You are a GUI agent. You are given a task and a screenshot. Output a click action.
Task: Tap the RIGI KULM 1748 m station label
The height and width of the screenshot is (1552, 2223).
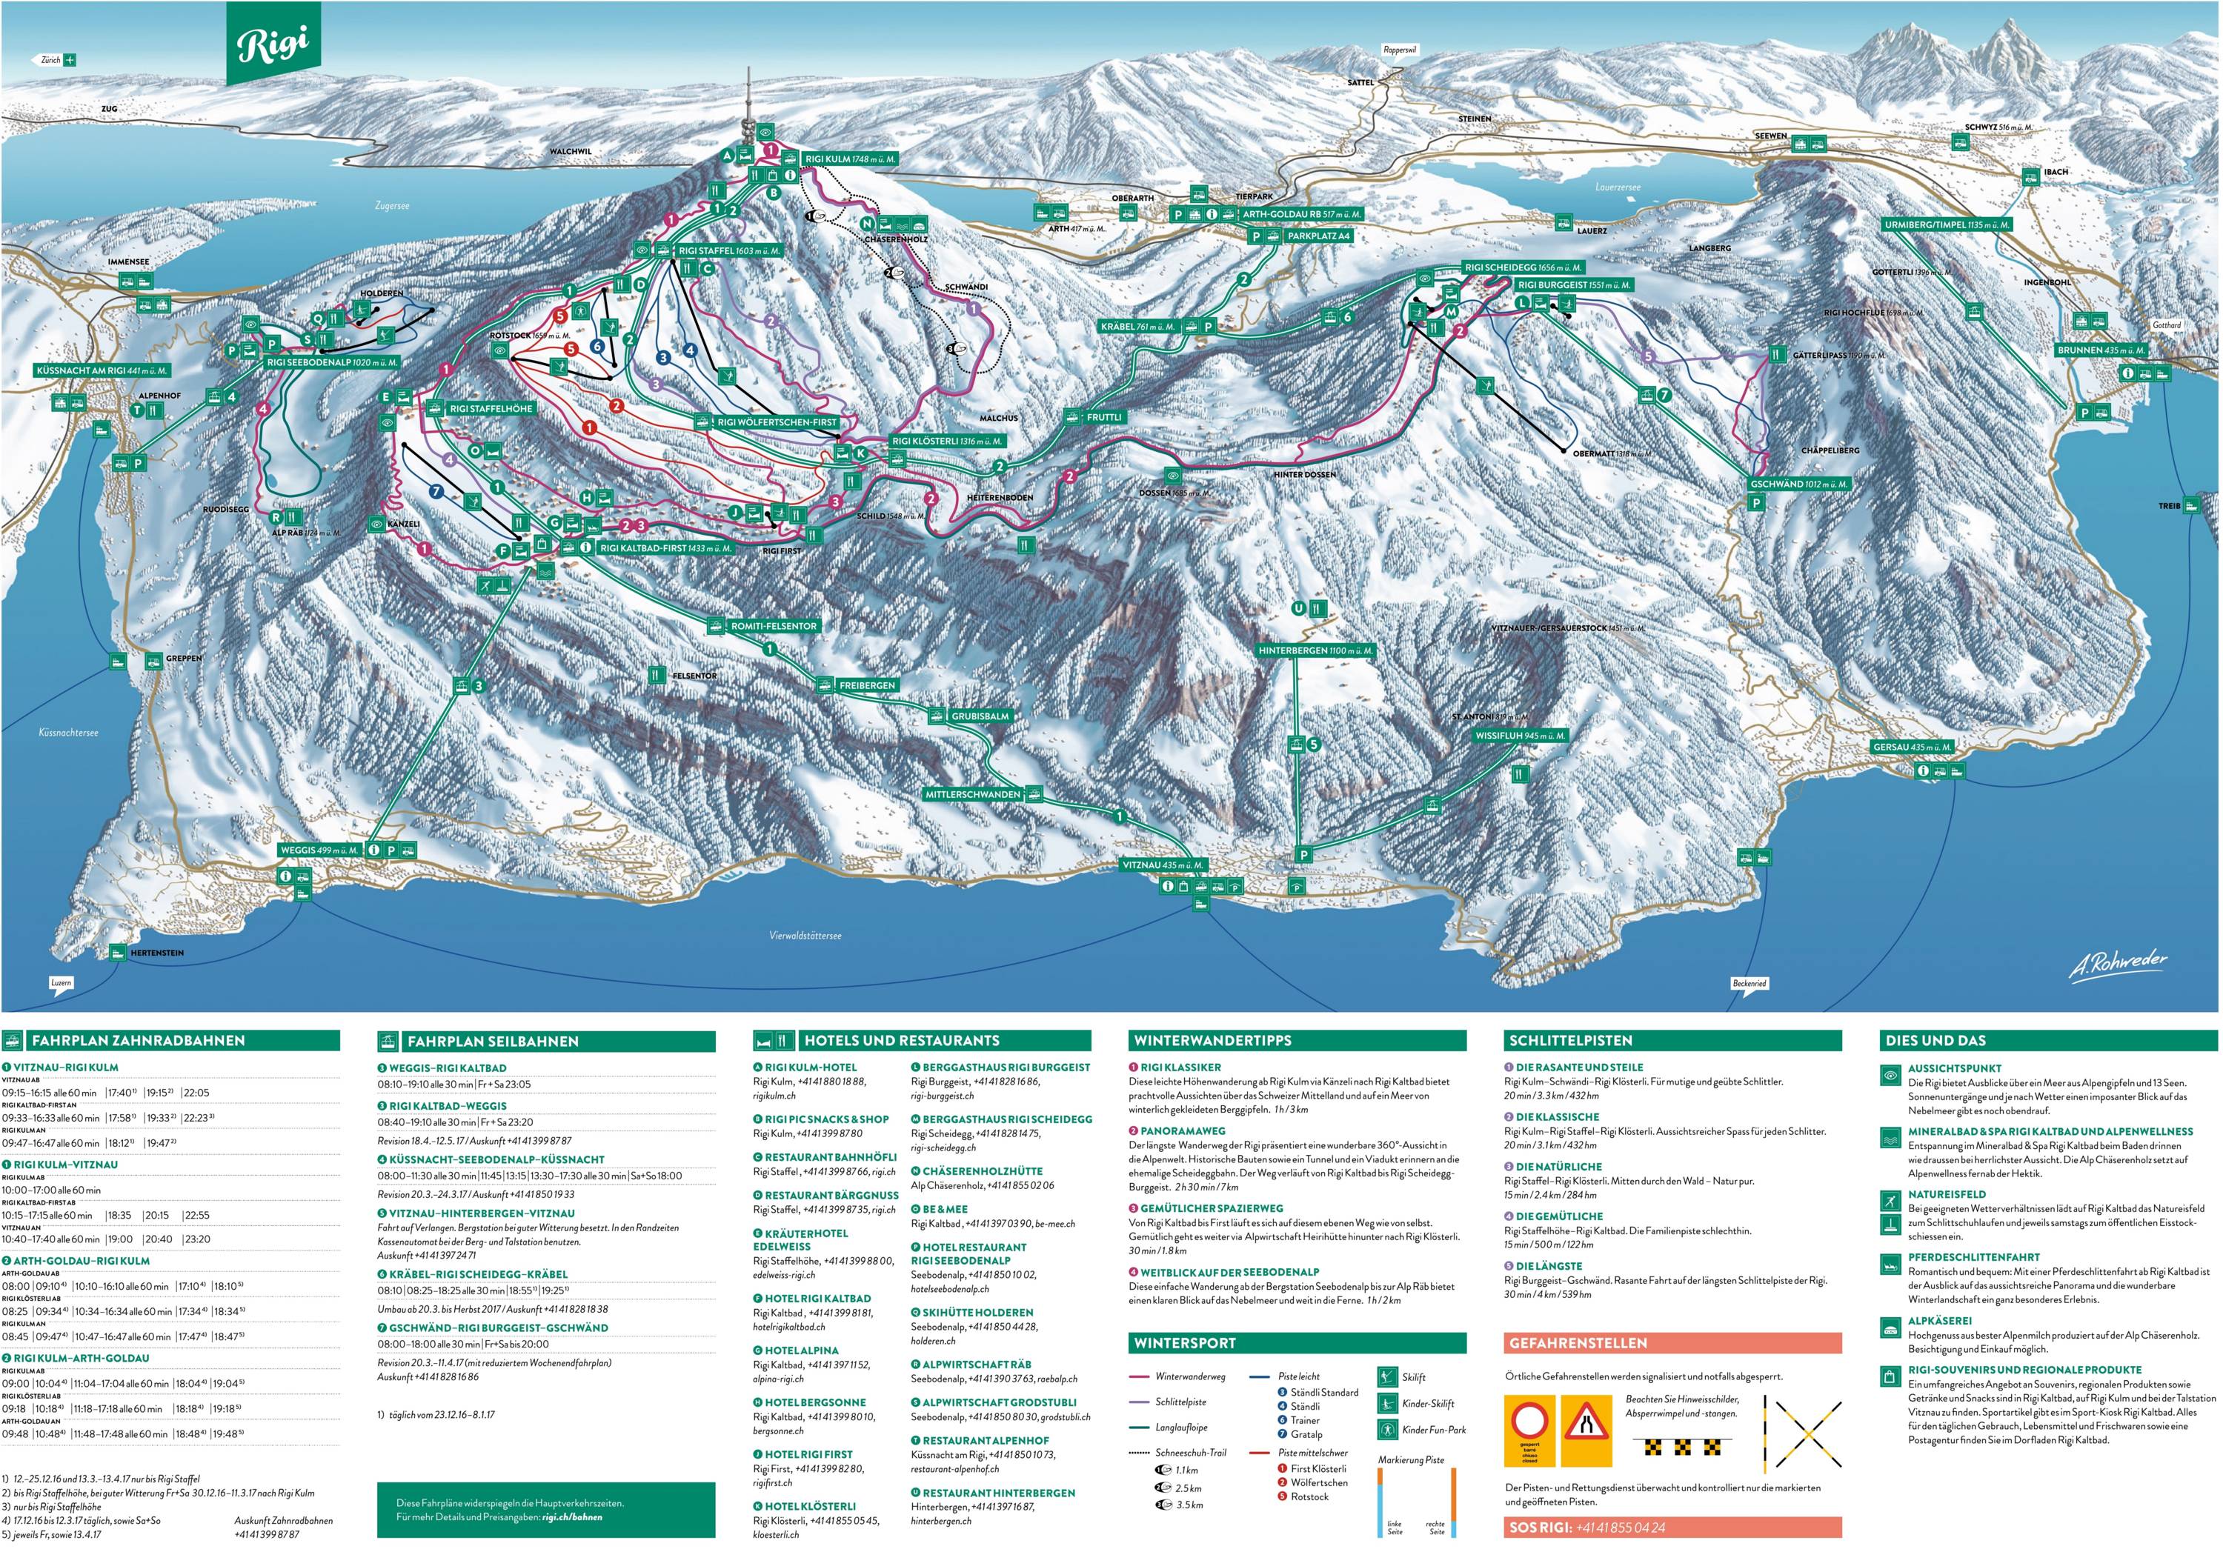pos(849,159)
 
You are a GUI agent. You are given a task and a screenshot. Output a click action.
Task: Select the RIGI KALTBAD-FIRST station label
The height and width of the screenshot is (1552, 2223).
pos(665,548)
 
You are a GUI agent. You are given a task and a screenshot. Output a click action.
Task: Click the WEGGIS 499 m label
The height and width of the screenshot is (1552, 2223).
pos(319,850)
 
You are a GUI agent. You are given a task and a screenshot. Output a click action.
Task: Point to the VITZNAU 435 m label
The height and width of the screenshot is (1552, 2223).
pos(1163,865)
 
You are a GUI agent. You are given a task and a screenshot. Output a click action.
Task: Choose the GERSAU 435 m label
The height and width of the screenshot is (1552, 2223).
pos(1911,747)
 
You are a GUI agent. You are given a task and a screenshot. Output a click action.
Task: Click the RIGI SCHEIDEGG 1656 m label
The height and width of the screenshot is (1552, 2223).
pos(1523,267)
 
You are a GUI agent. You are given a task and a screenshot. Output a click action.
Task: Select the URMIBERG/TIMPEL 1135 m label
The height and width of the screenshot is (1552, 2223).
pos(1946,224)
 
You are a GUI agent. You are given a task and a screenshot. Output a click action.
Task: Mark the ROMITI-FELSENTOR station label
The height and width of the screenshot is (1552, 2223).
pos(773,627)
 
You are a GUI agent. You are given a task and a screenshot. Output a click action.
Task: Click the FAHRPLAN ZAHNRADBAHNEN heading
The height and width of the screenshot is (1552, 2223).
pos(139,1041)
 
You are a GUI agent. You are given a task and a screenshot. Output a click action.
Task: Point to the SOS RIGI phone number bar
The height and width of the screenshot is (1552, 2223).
pos(1673,1528)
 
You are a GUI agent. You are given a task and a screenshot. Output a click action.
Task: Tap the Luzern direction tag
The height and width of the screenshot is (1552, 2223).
pos(61,983)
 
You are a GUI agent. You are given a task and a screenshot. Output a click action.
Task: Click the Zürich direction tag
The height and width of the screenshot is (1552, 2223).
pos(56,60)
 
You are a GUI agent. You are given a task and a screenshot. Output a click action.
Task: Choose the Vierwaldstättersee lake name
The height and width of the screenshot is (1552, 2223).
pos(805,936)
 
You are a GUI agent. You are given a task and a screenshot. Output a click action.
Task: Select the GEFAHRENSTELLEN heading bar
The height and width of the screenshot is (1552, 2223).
pos(1673,1343)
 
